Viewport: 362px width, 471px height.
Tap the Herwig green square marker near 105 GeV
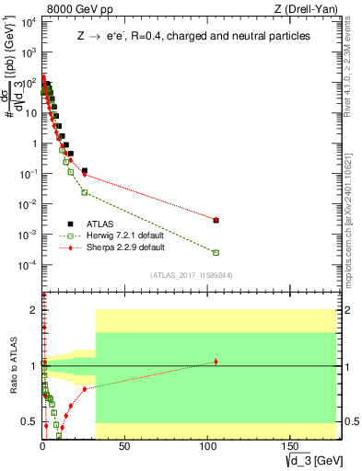click(216, 252)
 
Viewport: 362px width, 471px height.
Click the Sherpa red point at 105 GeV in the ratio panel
click(216, 362)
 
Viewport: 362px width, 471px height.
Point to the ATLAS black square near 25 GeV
click(85, 171)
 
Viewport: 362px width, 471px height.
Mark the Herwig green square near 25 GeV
click(85, 192)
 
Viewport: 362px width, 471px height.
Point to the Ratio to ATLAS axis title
click(14, 367)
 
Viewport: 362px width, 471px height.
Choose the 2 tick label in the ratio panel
click(35, 310)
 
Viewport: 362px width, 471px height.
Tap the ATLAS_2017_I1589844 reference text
click(191, 275)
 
